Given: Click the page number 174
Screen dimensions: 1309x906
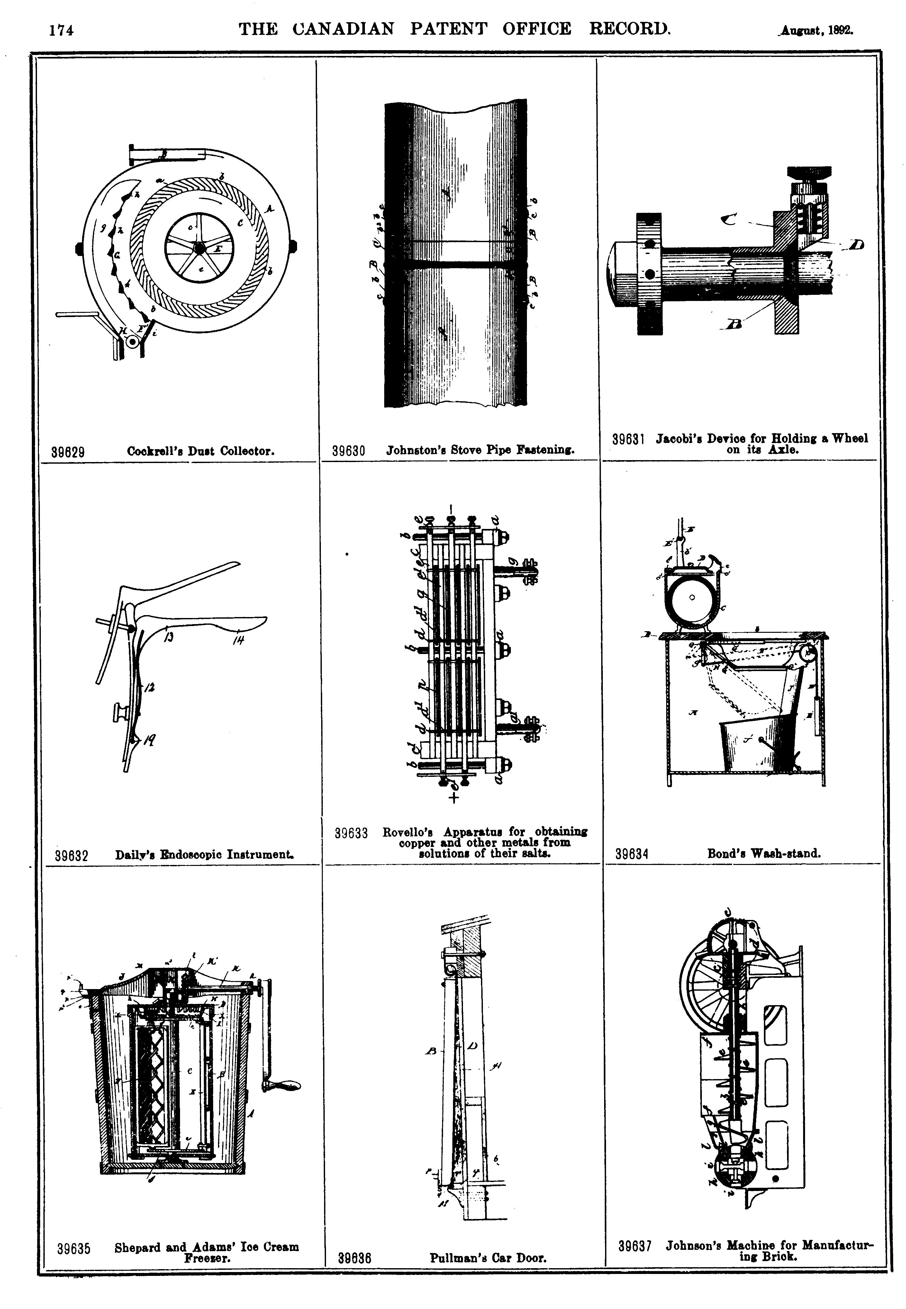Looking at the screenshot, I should [61, 30].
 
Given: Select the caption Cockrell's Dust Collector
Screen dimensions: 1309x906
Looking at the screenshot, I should [201, 451].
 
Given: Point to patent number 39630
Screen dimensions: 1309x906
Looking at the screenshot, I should [348, 451].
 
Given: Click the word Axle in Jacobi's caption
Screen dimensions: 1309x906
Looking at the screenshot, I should [784, 449].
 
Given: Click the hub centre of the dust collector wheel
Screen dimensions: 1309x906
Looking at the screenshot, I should [199, 248].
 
